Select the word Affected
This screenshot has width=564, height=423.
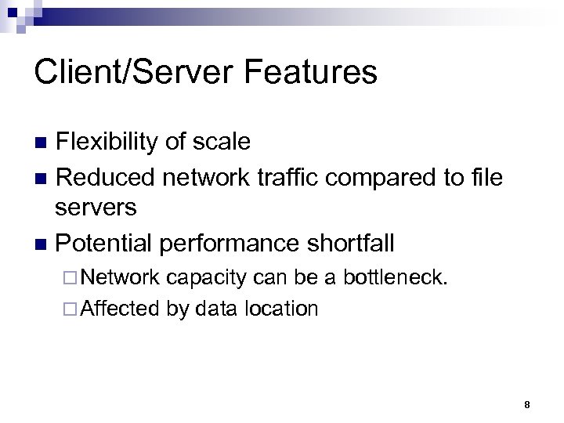coord(119,309)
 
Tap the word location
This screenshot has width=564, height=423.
coord(280,309)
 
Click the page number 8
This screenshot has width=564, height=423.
coord(527,405)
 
